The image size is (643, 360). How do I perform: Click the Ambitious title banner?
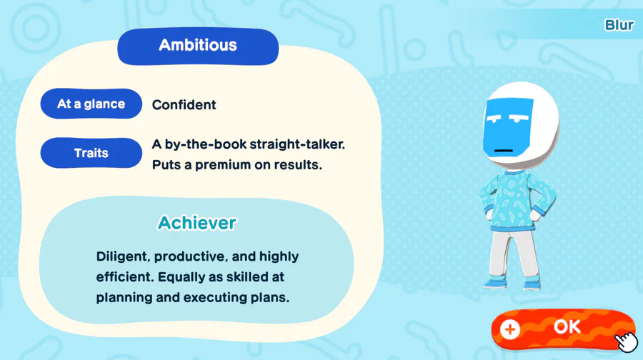[198, 46]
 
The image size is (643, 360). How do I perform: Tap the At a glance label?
[91, 104]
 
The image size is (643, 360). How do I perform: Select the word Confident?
[184, 105]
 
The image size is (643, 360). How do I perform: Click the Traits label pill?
[91, 153]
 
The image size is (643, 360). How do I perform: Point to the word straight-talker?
[297, 144]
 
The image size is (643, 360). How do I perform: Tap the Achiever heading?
[197, 223]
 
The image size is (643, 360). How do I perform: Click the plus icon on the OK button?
[510, 329]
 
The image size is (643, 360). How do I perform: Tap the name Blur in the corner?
[619, 26]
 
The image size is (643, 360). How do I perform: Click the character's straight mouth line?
[504, 151]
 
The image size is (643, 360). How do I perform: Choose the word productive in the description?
[190, 257]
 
